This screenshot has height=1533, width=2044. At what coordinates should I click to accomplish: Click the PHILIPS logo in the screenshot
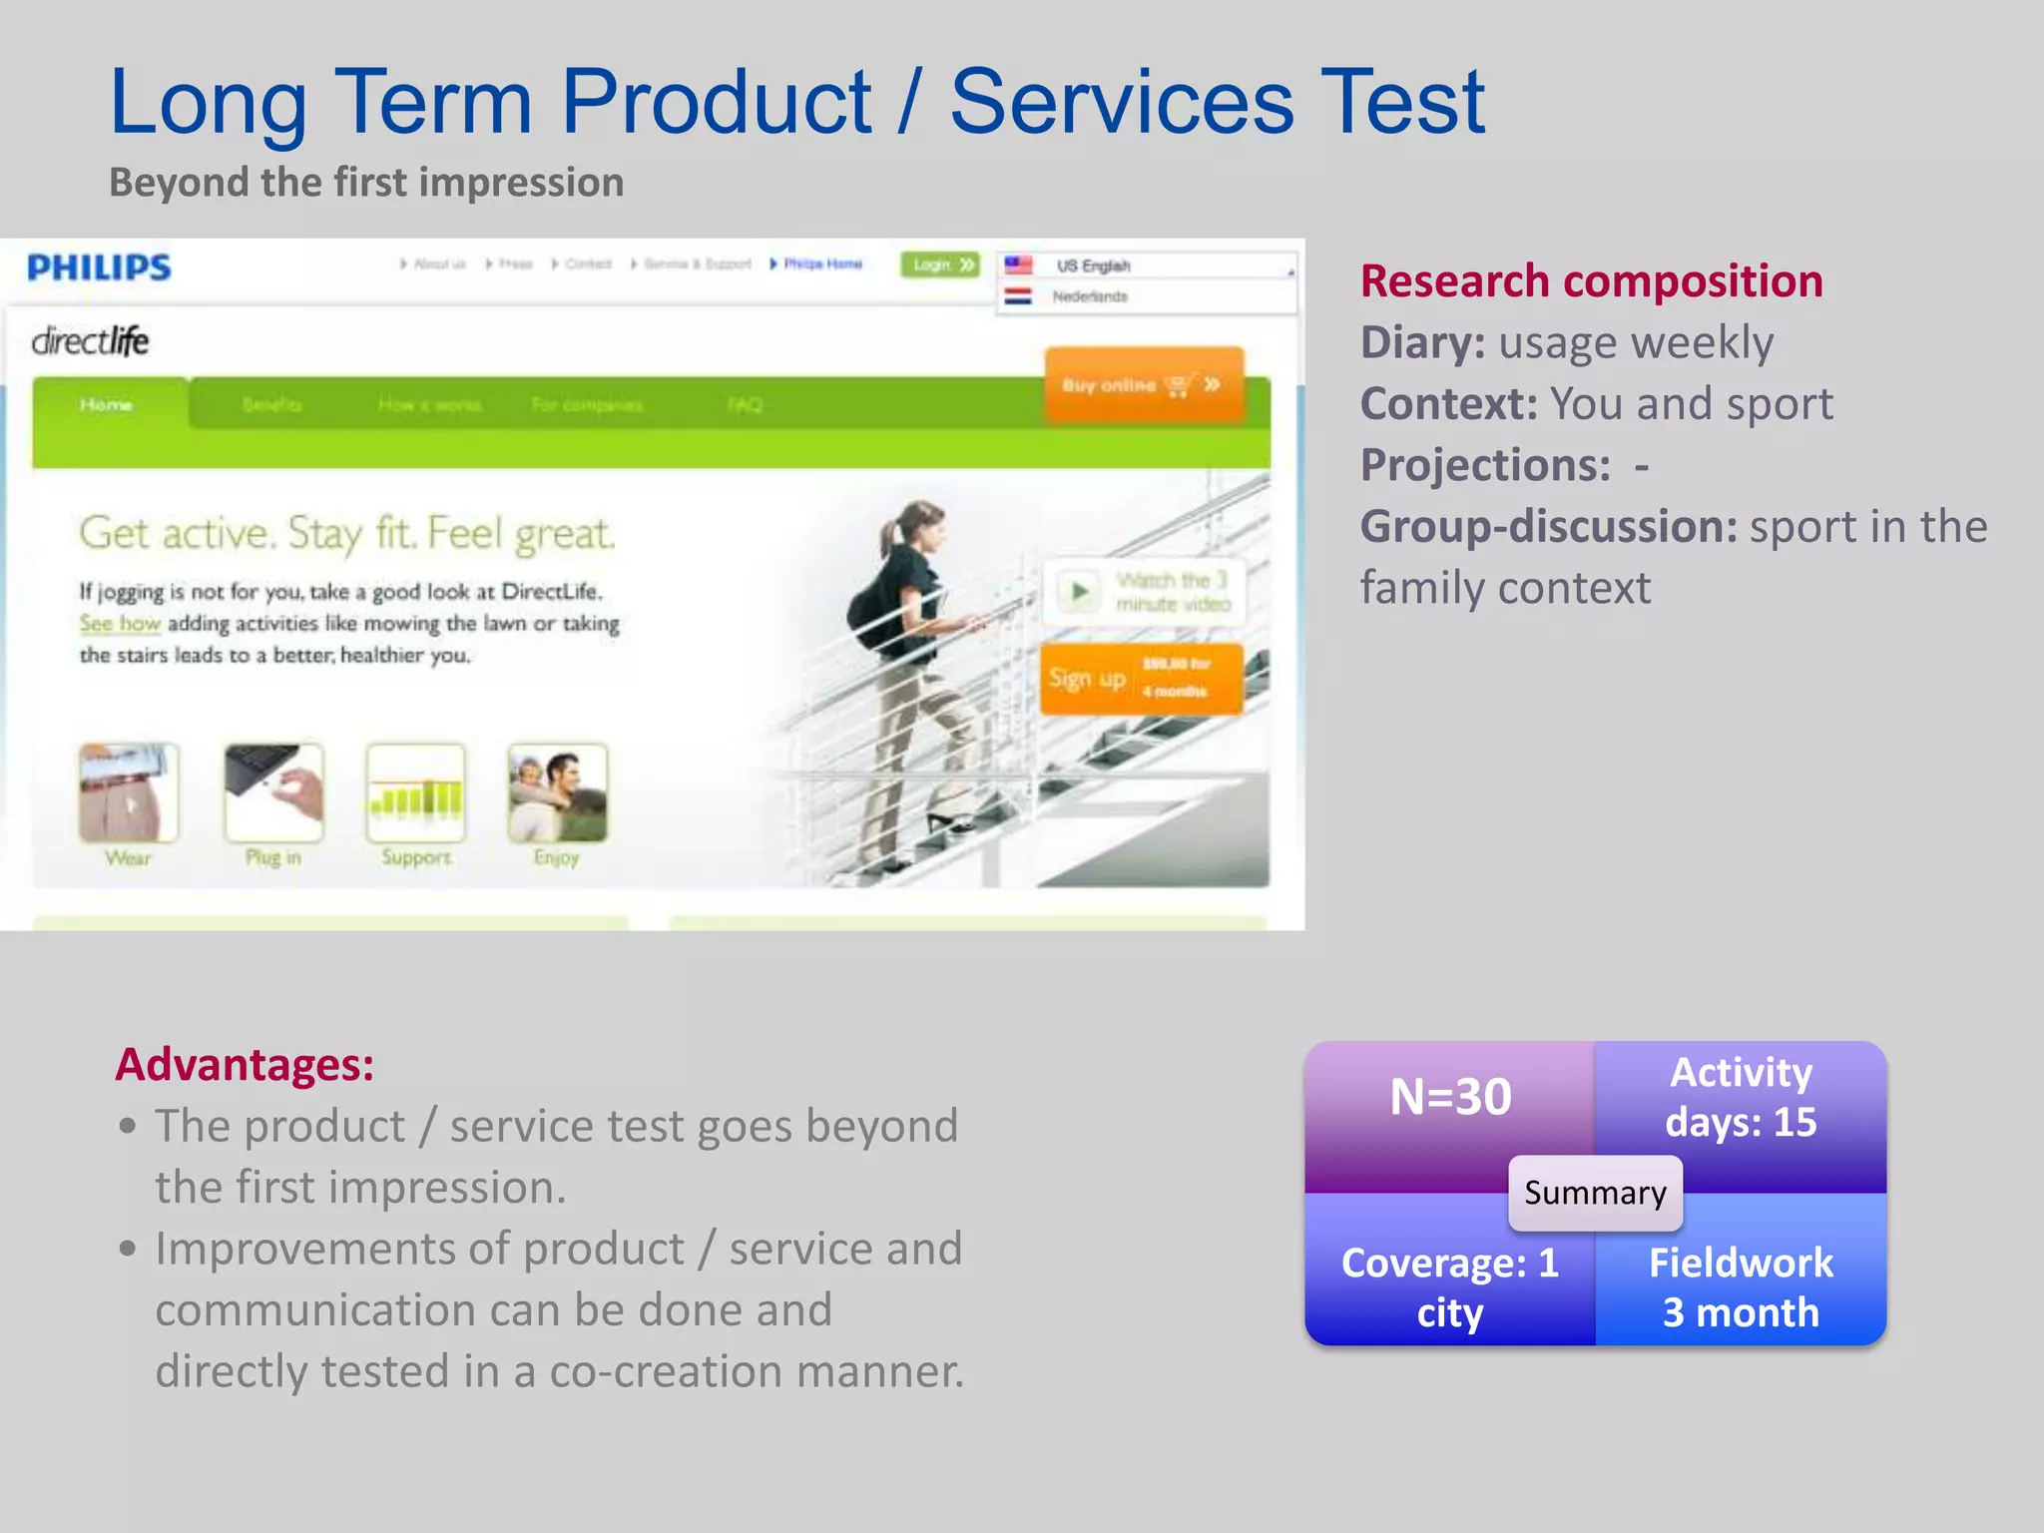coord(99,267)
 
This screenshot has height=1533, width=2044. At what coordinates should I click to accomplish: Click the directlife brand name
coord(90,341)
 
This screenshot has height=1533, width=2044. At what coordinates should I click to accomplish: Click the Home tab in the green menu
coord(107,404)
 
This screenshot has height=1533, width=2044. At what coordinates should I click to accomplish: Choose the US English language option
coord(1092,265)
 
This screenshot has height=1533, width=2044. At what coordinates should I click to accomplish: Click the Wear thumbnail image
coord(129,793)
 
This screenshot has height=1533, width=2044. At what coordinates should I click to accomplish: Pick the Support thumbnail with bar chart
coord(415,793)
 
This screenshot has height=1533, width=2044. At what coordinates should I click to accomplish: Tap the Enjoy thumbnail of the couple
coord(557,793)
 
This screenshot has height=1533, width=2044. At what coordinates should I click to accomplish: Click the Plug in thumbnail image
coord(273,793)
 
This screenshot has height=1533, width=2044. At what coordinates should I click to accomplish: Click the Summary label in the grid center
coord(1595,1193)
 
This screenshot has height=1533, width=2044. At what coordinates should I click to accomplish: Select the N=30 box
coord(1450,1098)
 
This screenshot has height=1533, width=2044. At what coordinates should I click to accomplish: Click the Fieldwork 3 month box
coord(1741,1286)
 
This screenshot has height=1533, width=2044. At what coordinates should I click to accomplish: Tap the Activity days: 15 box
coord(1741,1098)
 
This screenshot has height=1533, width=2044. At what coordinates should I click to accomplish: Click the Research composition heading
coord(1591,281)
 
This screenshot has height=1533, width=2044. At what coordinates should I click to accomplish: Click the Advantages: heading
coord(245,1064)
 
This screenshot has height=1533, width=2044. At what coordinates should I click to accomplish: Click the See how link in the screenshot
coord(120,624)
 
